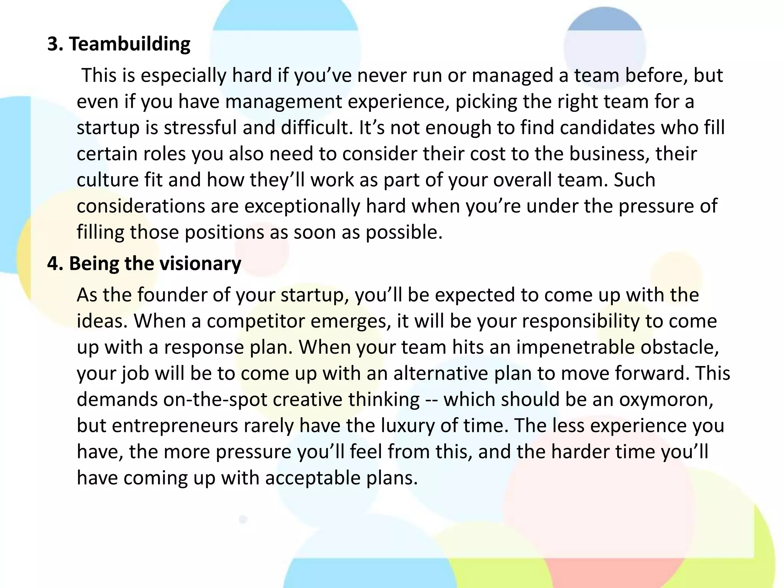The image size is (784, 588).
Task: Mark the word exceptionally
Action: point(302,206)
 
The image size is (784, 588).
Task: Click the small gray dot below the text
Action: point(243,519)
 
